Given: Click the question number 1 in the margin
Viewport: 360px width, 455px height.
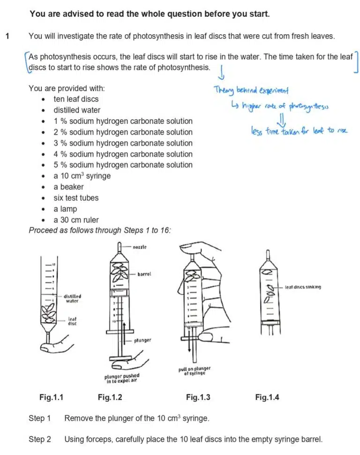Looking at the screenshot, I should pos(7,36).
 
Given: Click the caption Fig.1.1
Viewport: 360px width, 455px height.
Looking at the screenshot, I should pos(51,398).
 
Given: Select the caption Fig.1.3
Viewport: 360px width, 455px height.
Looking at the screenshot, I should pos(198,398).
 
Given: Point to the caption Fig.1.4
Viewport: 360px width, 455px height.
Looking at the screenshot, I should pos(267,398).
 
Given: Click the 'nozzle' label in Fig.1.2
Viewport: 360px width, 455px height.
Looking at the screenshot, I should pos(140,247).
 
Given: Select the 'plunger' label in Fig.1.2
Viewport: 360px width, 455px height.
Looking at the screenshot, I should pos(142,340).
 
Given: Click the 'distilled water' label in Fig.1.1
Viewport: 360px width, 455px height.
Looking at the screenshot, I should pos(73,299).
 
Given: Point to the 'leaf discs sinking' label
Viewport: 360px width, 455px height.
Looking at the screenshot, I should pos(303,287).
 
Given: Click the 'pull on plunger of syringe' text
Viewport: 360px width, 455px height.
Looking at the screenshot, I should pos(194,371).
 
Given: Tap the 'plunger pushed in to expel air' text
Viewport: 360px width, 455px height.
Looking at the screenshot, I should pos(121,378).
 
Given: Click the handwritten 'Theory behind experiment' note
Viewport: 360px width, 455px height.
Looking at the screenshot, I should pos(251,90).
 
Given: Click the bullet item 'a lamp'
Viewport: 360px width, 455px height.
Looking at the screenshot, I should pos(65,209).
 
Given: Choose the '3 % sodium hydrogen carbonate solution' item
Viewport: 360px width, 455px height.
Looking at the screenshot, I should pos(123,143).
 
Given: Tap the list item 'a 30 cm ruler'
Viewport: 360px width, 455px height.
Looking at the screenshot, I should pos(76,220).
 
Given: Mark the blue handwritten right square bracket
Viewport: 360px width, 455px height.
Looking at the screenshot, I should pos(356,62).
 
